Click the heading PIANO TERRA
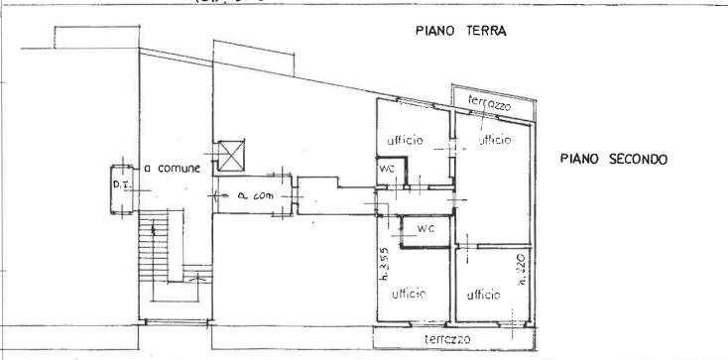click(x=461, y=31)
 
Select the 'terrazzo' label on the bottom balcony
click(x=444, y=339)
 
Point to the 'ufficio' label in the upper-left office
click(x=406, y=140)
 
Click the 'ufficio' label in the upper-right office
click(x=494, y=140)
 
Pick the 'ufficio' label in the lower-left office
click(x=408, y=294)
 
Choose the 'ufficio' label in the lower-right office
click(x=483, y=295)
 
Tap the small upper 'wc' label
click(x=388, y=169)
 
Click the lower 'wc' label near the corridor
click(x=425, y=229)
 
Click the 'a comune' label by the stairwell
click(x=174, y=169)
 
